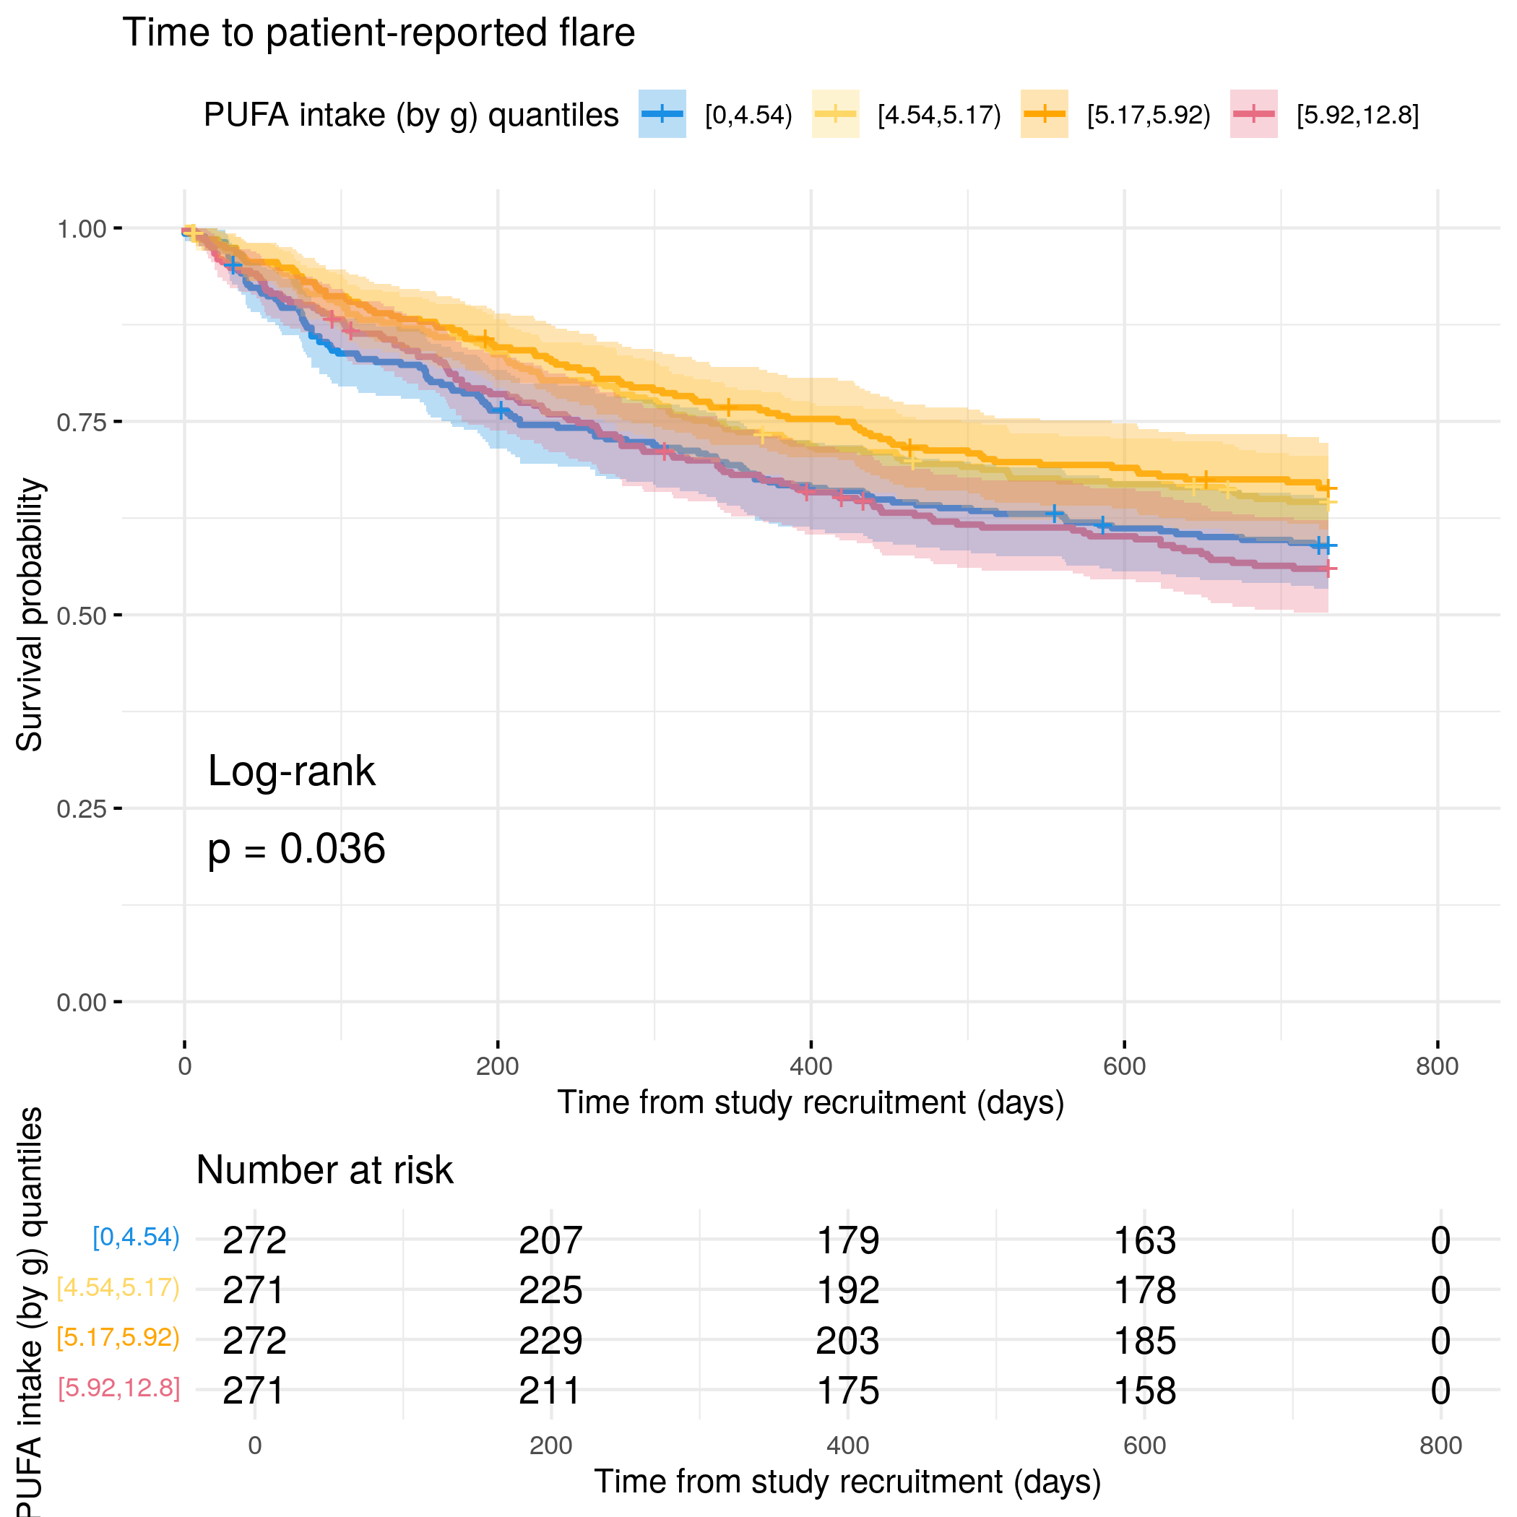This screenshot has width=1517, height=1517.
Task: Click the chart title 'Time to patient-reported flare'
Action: coord(379,33)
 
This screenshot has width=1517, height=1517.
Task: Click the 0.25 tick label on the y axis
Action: coord(81,809)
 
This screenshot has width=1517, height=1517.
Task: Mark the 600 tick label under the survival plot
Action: coord(1123,1066)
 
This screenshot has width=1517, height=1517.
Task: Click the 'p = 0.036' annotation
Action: coord(296,850)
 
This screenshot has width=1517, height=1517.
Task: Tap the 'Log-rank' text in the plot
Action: coord(291,771)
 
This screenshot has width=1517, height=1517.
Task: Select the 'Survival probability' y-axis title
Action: coord(30,615)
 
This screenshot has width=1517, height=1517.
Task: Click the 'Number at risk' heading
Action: coord(324,1170)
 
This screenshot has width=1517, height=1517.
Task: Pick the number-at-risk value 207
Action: coord(550,1240)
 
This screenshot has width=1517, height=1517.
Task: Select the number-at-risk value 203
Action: coord(847,1340)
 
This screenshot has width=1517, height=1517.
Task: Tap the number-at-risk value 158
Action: coord(1145,1391)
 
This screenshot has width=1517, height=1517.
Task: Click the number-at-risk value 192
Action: coord(847,1290)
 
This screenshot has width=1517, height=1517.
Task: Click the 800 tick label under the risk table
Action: coord(1440,1445)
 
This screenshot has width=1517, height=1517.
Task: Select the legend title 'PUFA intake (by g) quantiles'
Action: coord(410,116)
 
